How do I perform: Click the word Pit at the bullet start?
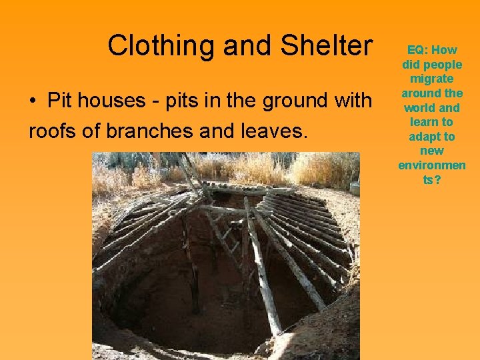point(58,101)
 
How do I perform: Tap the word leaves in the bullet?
point(277,130)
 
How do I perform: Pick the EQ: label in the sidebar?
point(419,50)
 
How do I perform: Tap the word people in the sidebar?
point(444,65)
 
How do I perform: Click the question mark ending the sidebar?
point(437,179)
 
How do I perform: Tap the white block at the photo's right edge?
point(355,188)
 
